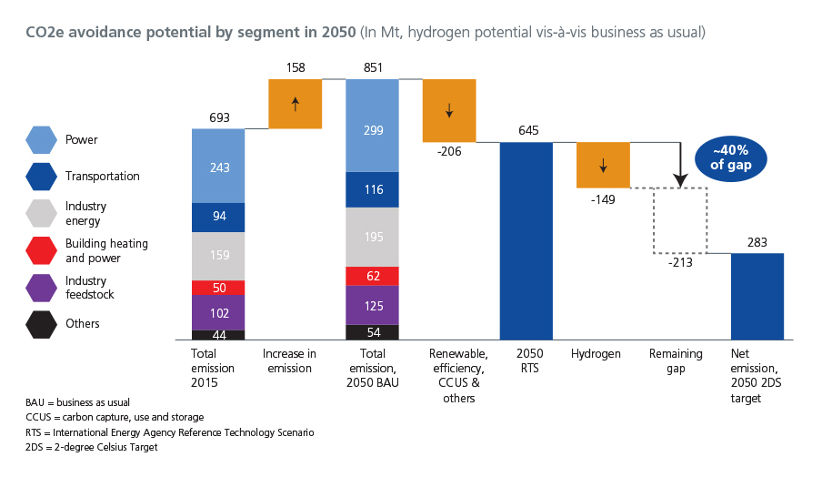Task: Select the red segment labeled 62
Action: click(x=372, y=274)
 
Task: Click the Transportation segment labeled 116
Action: click(x=372, y=189)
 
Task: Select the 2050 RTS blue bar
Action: click(x=526, y=240)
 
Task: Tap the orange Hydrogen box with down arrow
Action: click(x=603, y=165)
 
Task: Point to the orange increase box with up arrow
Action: click(x=295, y=104)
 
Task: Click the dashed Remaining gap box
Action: click(x=680, y=220)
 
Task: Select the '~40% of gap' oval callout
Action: click(x=729, y=157)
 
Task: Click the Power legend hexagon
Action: click(x=41, y=139)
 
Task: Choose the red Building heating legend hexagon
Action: click(x=41, y=250)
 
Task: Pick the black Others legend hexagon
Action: click(x=41, y=324)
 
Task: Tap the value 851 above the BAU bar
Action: click(x=372, y=67)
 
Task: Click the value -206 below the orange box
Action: click(x=449, y=152)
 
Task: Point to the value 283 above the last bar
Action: click(x=757, y=242)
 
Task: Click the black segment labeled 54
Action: click(x=372, y=333)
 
